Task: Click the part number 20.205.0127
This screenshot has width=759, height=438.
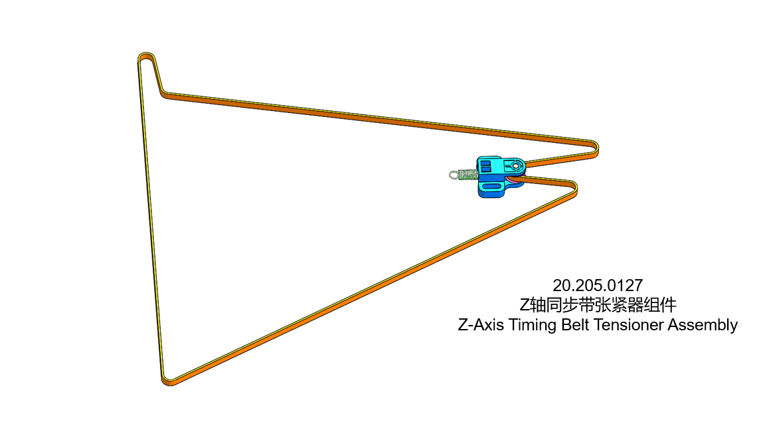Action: coord(598,286)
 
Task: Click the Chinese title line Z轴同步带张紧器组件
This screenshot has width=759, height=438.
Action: coord(598,306)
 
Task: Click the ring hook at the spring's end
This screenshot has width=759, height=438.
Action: coord(454,175)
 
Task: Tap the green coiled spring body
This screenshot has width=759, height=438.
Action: coord(467,175)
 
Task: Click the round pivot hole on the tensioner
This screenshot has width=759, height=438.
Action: coord(515,165)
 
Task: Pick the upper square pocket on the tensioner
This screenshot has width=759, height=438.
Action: coord(487,162)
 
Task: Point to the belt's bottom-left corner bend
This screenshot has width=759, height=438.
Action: coord(168,380)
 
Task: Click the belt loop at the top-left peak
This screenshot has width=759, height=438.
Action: coord(146,58)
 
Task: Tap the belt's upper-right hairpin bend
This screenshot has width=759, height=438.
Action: coord(595,148)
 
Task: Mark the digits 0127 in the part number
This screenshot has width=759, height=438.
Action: coord(625,286)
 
